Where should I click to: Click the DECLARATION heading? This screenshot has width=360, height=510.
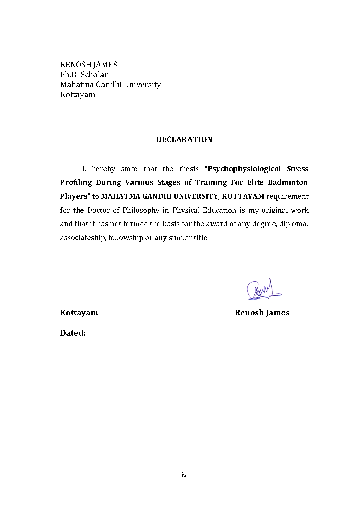pos(184,139)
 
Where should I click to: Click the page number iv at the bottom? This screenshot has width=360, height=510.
pos(184,475)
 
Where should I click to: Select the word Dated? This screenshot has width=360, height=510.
pos(73,333)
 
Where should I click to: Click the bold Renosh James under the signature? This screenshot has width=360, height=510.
pos(262,313)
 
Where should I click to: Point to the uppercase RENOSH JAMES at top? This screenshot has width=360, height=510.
pos(89,65)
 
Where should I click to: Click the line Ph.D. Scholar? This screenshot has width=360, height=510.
pos(84,75)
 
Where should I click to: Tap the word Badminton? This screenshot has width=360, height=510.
pos(288,182)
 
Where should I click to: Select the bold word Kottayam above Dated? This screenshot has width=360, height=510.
pos(79,313)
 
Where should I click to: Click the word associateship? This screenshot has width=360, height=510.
pos(83,238)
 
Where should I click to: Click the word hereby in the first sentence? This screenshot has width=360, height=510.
pos(103,169)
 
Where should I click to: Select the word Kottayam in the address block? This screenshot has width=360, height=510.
pos(78,95)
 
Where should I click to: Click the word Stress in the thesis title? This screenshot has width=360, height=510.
pos(297,169)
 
